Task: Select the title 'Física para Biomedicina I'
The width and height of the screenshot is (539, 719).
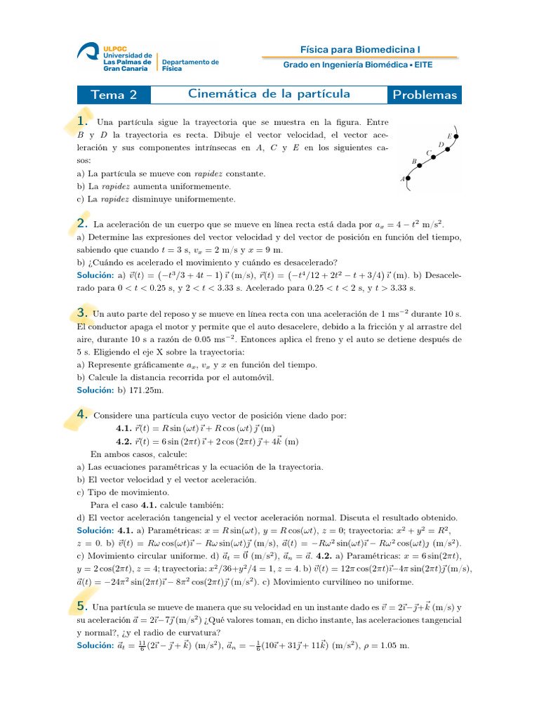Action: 360,49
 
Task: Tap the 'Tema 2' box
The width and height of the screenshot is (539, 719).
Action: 114,95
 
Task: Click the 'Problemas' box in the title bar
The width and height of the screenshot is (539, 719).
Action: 425,95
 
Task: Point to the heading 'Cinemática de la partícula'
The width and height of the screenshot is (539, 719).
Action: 269,94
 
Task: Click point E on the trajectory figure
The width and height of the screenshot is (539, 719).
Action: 456,136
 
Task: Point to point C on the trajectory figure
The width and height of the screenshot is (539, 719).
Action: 435,155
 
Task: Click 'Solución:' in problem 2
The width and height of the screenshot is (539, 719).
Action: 95,276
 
